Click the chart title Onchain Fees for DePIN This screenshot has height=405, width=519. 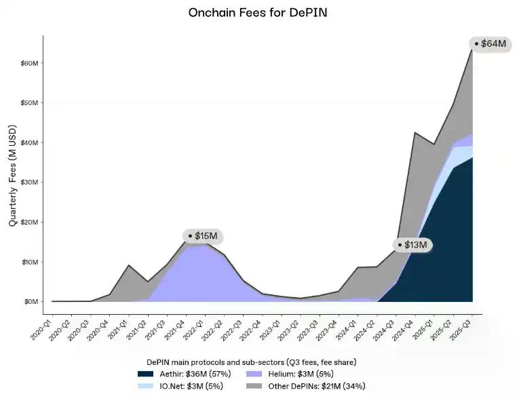(260, 12)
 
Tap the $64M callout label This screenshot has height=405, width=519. (493, 44)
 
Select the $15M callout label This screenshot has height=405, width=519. (206, 236)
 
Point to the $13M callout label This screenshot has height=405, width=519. (416, 245)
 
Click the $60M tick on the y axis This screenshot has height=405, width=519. (29, 63)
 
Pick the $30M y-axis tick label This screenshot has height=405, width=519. (29, 182)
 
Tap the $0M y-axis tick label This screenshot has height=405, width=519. (31, 301)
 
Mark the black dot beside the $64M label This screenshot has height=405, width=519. (476, 44)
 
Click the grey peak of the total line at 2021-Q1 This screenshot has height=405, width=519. (129, 265)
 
